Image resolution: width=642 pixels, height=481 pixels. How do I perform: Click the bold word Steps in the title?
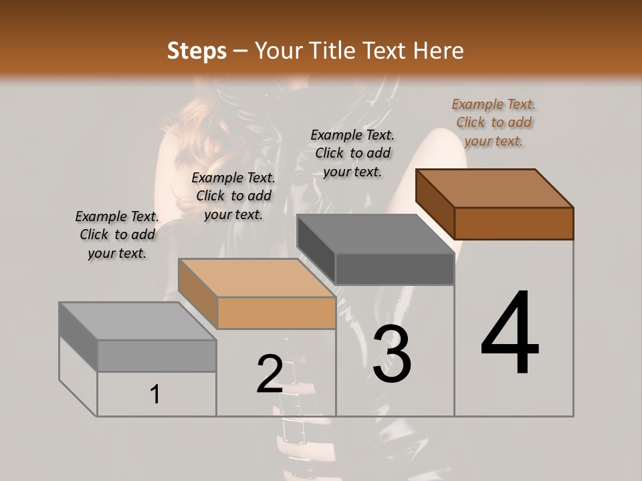tap(197, 51)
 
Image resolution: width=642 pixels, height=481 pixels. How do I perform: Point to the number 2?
tap(270, 374)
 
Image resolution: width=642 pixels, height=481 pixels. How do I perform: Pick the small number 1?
tap(154, 394)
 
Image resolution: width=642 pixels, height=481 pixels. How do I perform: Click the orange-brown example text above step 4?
tap(494, 122)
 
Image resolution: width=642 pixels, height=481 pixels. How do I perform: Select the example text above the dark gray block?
tap(352, 153)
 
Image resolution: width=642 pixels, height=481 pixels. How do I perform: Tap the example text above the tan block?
tap(233, 196)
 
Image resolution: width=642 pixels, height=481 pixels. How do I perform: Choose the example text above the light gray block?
tap(117, 234)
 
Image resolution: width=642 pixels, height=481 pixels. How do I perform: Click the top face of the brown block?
tap(494, 188)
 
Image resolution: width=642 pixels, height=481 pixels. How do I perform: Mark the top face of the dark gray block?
tap(374, 234)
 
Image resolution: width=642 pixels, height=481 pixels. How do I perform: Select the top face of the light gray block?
tap(137, 321)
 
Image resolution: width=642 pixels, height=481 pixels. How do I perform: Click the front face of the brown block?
tap(514, 223)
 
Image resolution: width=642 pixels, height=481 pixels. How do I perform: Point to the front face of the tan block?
tap(276, 313)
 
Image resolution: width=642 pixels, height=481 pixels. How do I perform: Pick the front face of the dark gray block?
tap(395, 269)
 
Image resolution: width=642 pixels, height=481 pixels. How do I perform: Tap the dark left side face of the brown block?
tap(435, 204)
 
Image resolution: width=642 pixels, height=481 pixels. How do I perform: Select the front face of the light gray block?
tap(156, 355)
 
